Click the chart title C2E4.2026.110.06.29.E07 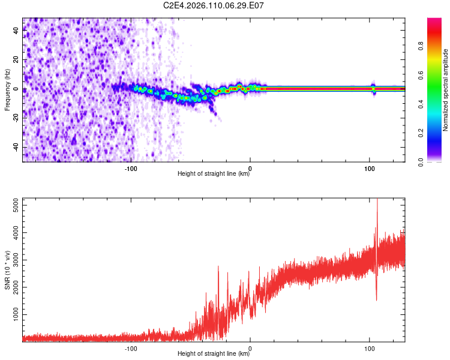click(x=214, y=5)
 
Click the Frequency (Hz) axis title click(x=7, y=89)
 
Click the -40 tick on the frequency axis click(x=16, y=147)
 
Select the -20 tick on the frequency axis click(x=16, y=118)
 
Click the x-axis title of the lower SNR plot click(x=214, y=354)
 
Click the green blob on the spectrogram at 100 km click(x=373, y=89)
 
